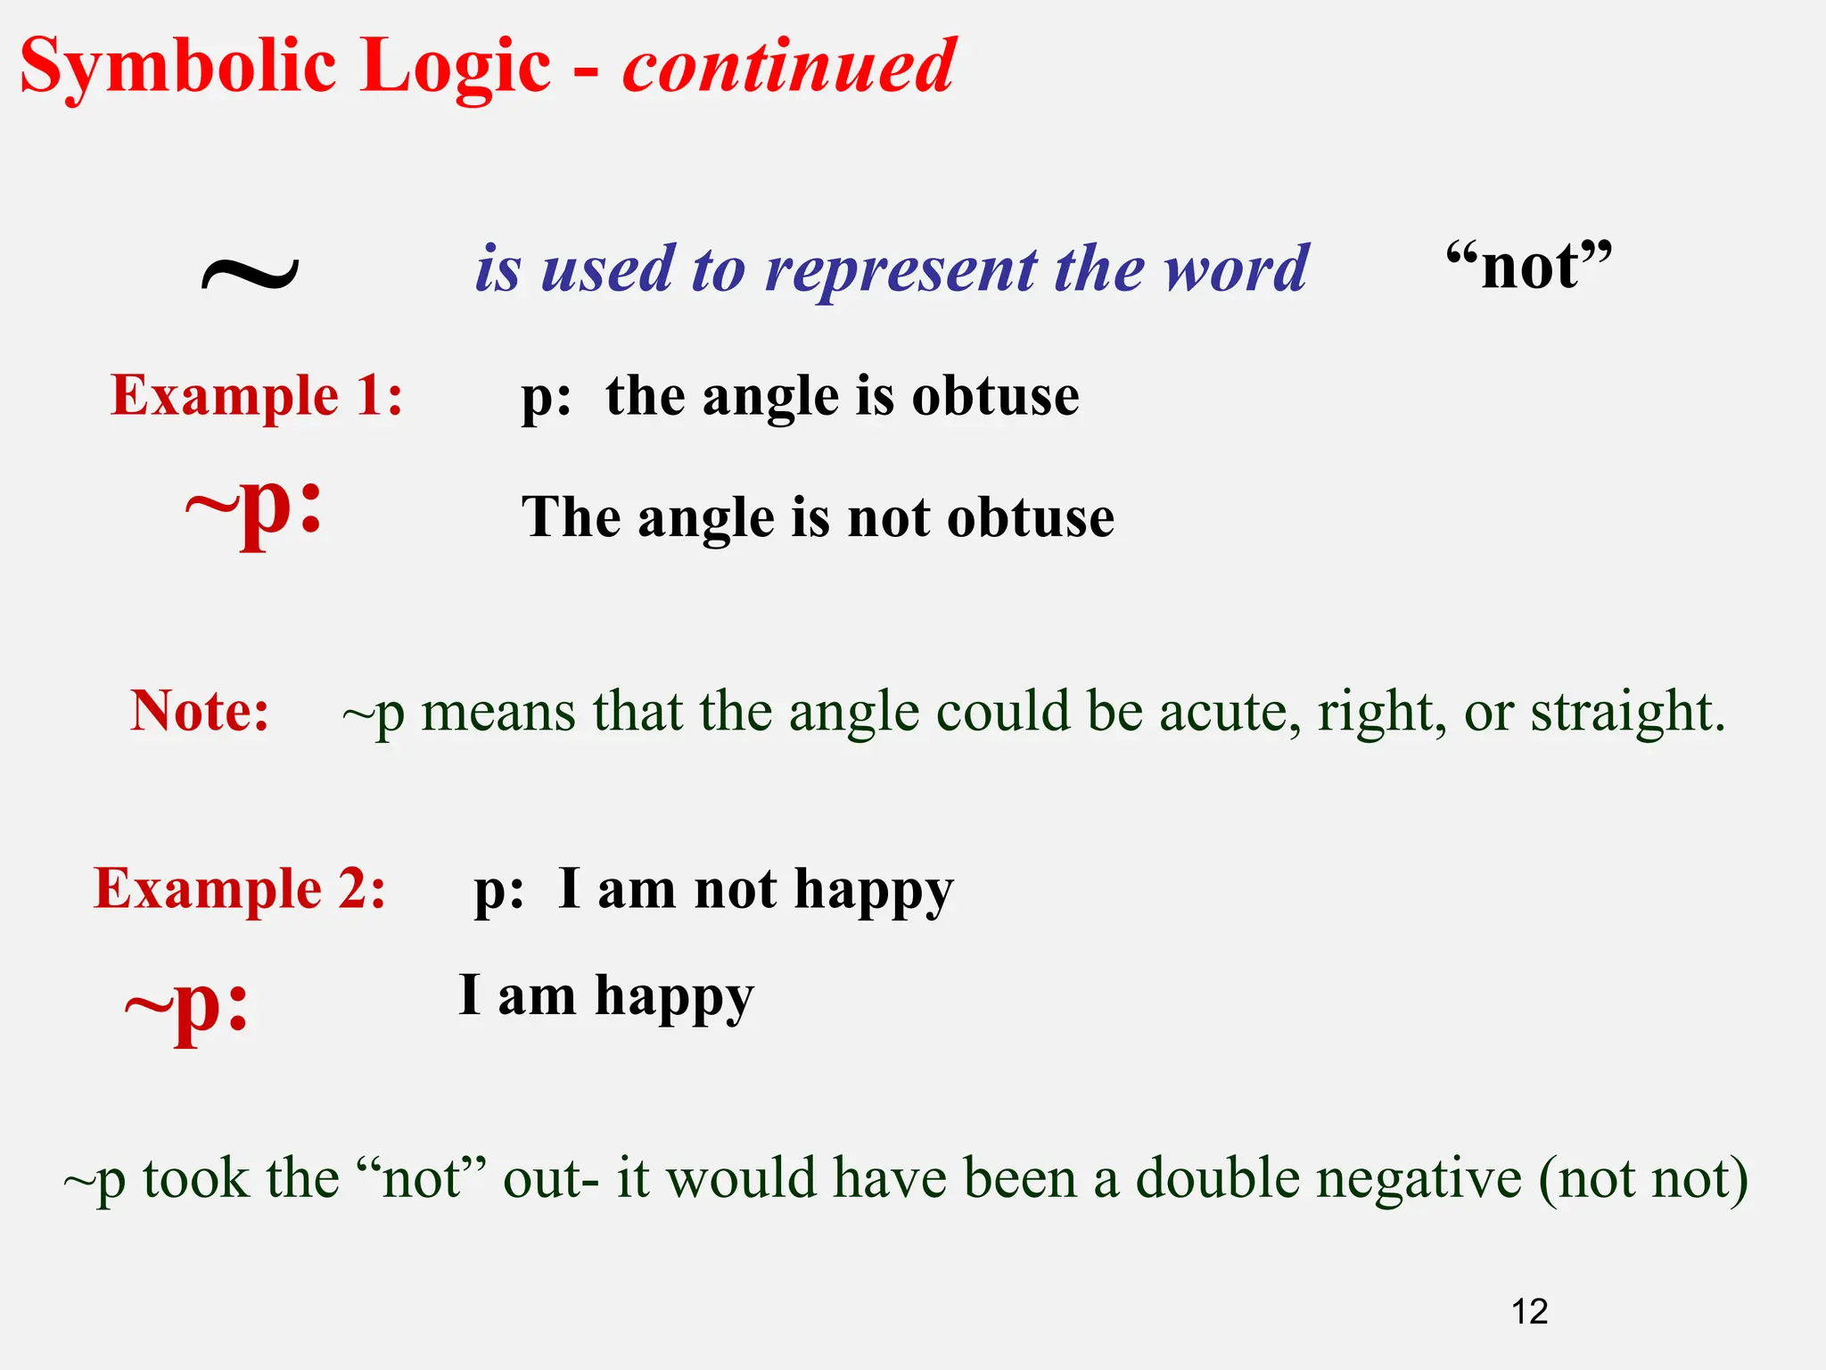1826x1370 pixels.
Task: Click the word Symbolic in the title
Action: point(179,68)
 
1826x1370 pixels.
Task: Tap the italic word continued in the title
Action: point(788,66)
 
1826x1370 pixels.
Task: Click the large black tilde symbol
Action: point(250,272)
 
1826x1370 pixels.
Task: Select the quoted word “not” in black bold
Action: point(1528,266)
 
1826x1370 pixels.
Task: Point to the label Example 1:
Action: point(257,395)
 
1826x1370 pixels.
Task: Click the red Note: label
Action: point(200,712)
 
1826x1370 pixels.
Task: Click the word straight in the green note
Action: point(1627,713)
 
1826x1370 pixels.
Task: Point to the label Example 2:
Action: point(240,889)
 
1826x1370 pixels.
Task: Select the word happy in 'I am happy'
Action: point(674,997)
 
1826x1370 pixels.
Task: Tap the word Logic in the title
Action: point(456,68)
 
